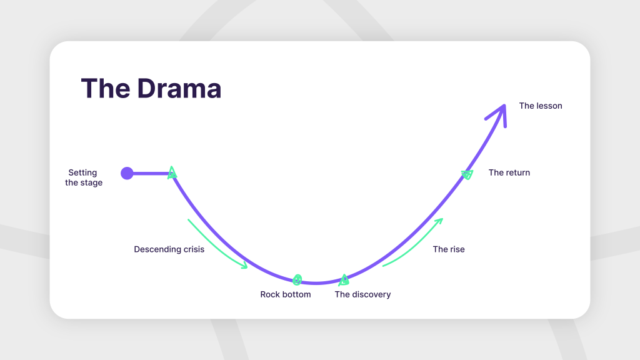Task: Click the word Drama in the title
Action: click(179, 89)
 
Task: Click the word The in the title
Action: click(105, 89)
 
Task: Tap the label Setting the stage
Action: click(84, 178)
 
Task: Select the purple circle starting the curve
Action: click(127, 173)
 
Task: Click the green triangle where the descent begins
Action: click(172, 173)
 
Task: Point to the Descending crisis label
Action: click(169, 249)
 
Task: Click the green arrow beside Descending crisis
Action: click(217, 244)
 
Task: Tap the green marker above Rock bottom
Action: click(297, 279)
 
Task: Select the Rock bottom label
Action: click(286, 294)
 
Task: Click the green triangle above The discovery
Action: click(344, 279)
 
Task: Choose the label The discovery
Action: click(362, 294)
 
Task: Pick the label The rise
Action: click(449, 249)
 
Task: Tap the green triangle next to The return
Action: click(467, 174)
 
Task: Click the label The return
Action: click(509, 172)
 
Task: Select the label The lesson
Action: click(541, 106)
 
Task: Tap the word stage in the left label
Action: click(92, 183)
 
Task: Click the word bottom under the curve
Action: click(296, 294)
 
